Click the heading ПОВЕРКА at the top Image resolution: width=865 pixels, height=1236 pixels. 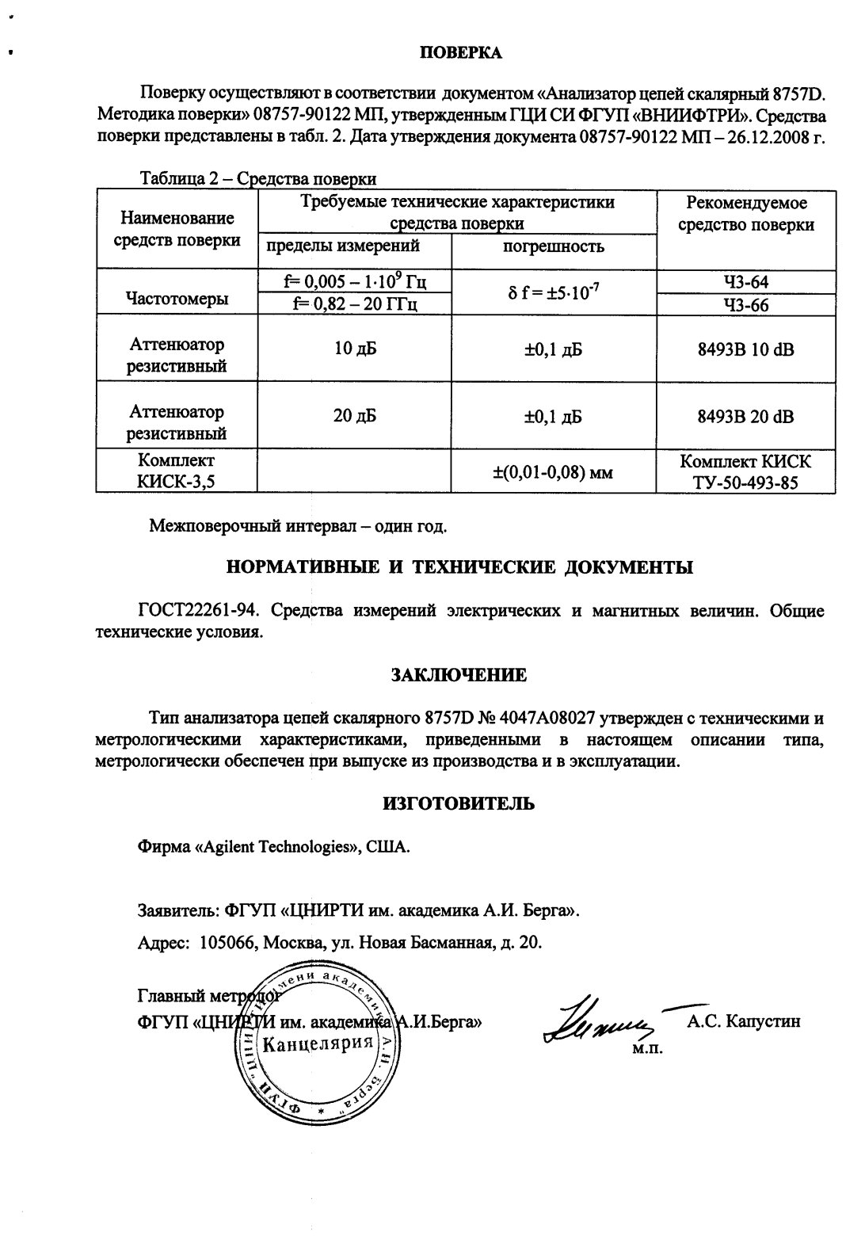(460, 53)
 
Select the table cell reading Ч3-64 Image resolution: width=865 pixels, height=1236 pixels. (745, 282)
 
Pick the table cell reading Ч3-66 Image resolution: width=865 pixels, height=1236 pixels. (745, 305)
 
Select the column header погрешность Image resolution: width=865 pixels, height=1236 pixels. (554, 246)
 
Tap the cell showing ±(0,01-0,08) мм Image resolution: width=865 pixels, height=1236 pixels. (554, 472)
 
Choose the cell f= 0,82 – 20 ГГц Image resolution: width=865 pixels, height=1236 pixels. (354, 304)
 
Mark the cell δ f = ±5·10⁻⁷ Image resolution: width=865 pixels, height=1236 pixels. (554, 293)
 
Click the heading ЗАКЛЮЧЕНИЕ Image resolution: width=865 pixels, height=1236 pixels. (459, 676)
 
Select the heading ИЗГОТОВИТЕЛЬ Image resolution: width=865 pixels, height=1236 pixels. (459, 804)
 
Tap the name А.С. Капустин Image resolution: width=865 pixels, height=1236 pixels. (744, 1021)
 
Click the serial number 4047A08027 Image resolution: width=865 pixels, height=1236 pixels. (546, 719)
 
